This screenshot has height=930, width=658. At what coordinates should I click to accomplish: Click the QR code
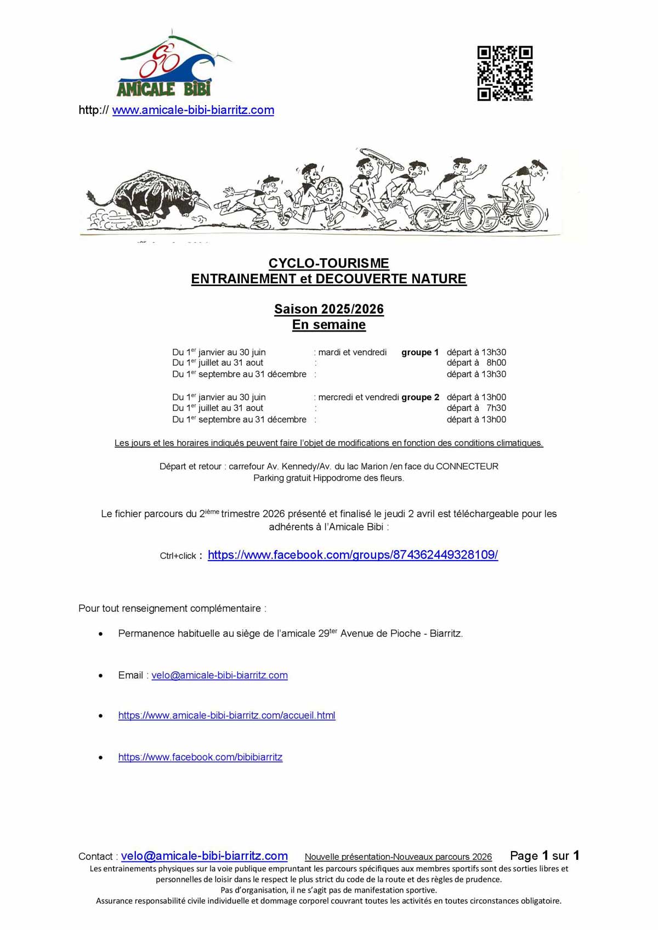pyautogui.click(x=504, y=73)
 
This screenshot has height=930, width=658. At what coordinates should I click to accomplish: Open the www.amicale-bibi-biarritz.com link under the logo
pyautogui.click(x=193, y=110)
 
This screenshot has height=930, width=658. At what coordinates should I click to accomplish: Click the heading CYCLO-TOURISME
pyautogui.click(x=328, y=264)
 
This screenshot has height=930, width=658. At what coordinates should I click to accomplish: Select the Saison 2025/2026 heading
pyautogui.click(x=328, y=309)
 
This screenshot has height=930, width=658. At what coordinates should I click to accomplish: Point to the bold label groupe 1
pyautogui.click(x=420, y=352)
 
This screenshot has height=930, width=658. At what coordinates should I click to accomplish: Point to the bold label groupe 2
pyautogui.click(x=420, y=397)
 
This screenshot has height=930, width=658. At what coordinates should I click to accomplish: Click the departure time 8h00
pyautogui.click(x=496, y=363)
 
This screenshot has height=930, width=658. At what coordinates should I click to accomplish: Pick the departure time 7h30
pyautogui.click(x=496, y=408)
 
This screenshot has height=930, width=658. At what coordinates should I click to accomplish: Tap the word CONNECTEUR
pyautogui.click(x=467, y=466)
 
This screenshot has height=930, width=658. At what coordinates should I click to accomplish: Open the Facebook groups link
pyautogui.click(x=353, y=555)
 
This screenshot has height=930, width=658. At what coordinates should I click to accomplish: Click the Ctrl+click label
pyautogui.click(x=178, y=556)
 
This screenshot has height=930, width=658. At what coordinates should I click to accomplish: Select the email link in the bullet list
pyautogui.click(x=219, y=675)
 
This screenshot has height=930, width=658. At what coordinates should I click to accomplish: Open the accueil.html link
pyautogui.click(x=226, y=715)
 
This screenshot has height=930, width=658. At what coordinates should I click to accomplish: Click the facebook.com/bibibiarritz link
pyautogui.click(x=200, y=757)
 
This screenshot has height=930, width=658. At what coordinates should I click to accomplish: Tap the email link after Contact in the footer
pyautogui.click(x=204, y=856)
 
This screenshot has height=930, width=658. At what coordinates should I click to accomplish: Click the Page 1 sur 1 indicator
pyautogui.click(x=544, y=855)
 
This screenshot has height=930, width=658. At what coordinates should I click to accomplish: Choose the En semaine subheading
pyautogui.click(x=328, y=324)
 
